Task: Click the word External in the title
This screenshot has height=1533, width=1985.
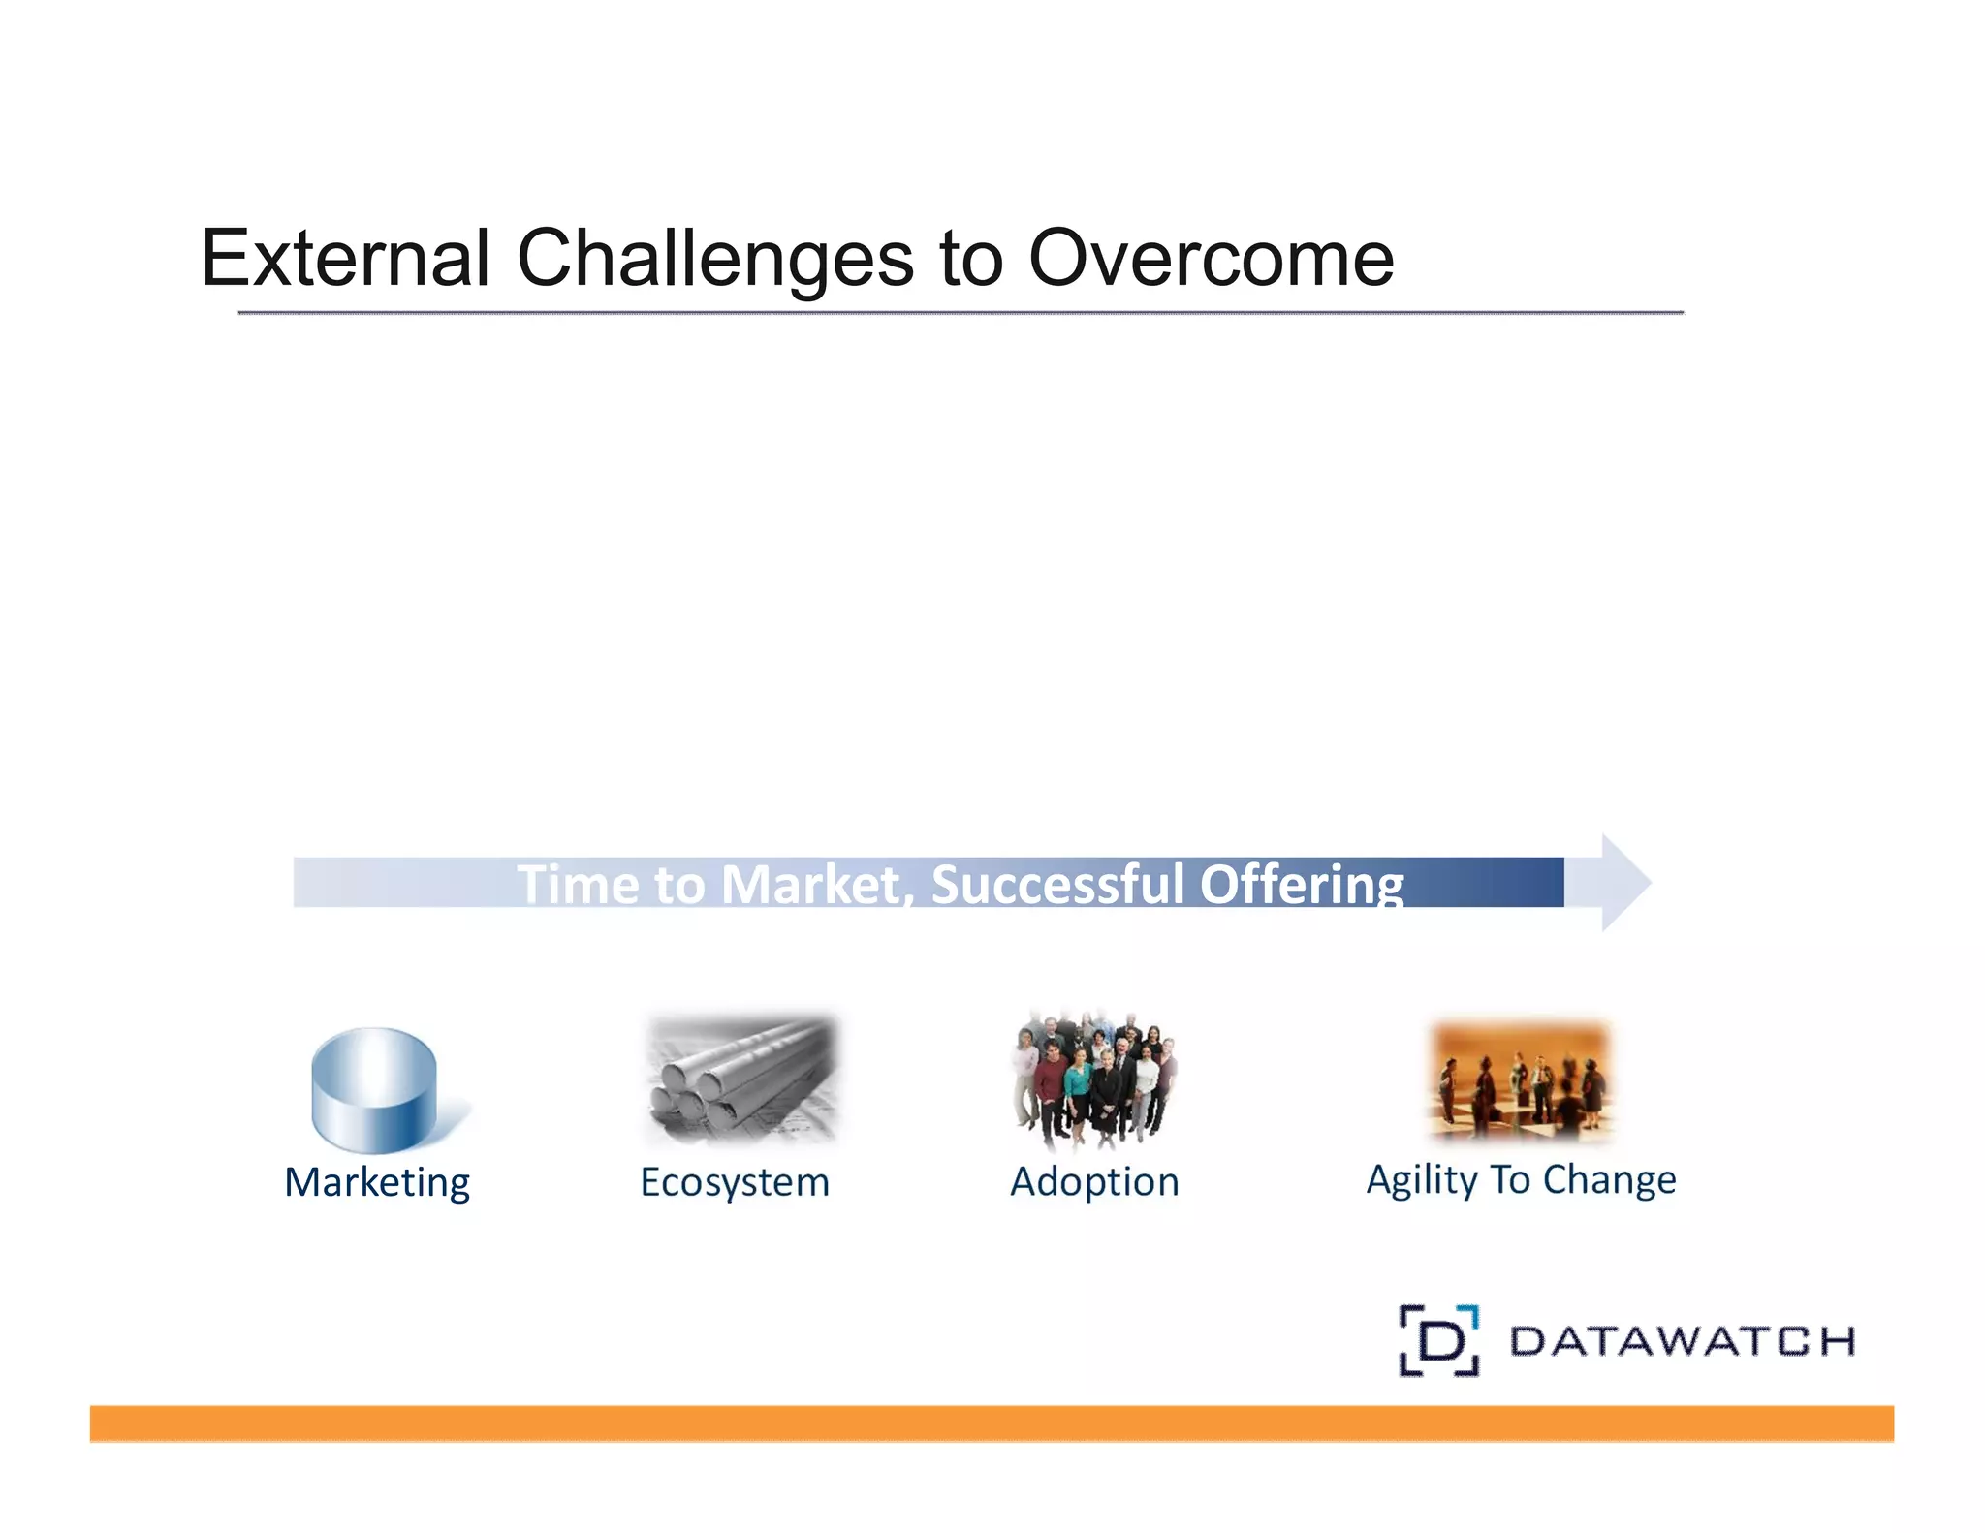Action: (345, 259)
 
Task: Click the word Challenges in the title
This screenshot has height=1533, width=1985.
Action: (714, 259)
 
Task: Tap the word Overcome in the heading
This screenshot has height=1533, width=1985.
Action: (1211, 259)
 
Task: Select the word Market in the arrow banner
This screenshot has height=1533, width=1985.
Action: (812, 884)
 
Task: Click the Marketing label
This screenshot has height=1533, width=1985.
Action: (377, 1182)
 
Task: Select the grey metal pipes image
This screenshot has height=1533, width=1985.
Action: (741, 1079)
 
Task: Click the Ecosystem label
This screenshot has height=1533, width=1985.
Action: (735, 1182)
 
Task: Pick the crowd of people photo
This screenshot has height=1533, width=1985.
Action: (1094, 1079)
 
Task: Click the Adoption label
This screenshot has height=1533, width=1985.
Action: (1094, 1182)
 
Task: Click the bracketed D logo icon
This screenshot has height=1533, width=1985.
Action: (1439, 1341)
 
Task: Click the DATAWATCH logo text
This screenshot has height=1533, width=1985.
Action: (1682, 1341)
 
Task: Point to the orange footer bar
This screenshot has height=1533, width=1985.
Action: (991, 1423)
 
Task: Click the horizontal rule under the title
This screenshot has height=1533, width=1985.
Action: (960, 313)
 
